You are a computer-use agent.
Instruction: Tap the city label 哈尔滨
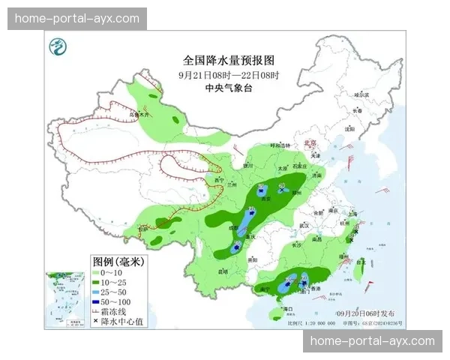362,94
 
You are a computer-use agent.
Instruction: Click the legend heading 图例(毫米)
118,262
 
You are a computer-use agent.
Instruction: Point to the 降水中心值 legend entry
118,321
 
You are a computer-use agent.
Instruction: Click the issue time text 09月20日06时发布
369,313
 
